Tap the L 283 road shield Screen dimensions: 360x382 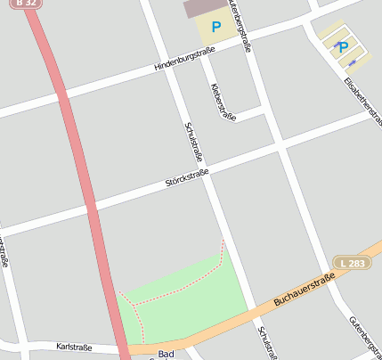(x=353, y=262)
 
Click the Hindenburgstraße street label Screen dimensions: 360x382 (x=185, y=60)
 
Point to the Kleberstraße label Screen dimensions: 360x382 (x=223, y=102)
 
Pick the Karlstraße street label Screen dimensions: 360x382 (x=75, y=346)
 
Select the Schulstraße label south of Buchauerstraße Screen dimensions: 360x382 (x=267, y=342)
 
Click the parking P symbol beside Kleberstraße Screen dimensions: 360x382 (x=215, y=28)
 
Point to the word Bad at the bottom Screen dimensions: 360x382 (x=166, y=354)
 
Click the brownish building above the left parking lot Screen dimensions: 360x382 (x=206, y=8)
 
